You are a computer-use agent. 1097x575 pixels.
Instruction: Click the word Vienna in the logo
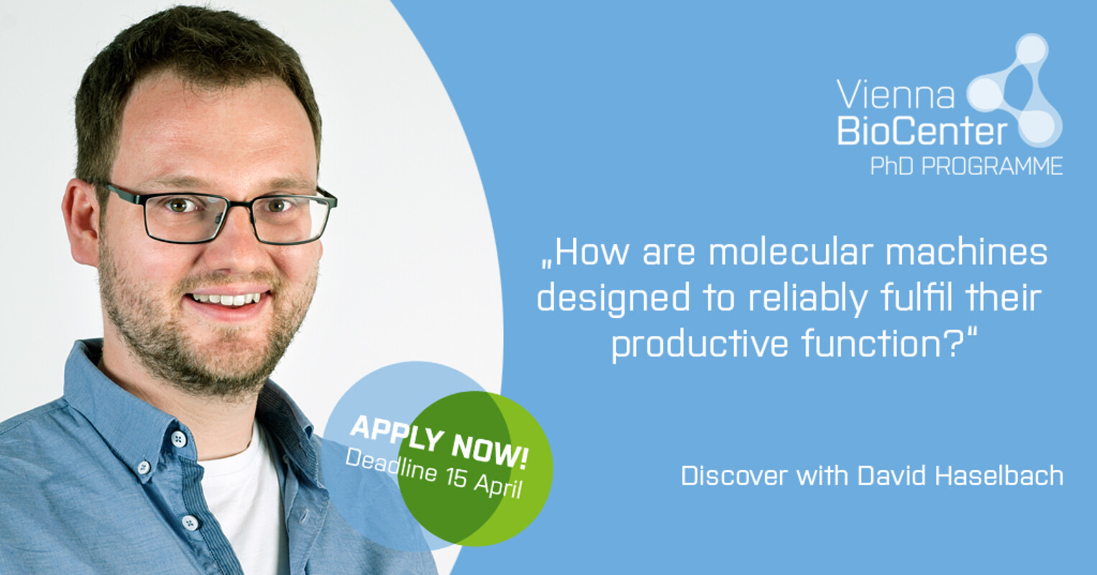tap(896, 94)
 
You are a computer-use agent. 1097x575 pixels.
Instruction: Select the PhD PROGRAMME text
tap(966, 166)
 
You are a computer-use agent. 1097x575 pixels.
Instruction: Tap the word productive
tap(700, 345)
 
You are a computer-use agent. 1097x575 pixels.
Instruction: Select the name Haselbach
tap(999, 475)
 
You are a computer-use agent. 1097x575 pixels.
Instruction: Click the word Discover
tap(734, 476)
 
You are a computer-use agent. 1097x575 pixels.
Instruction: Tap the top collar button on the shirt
tap(179, 439)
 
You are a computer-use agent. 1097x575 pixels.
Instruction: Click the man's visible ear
tap(81, 221)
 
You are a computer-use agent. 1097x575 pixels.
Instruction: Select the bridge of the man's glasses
tap(239, 204)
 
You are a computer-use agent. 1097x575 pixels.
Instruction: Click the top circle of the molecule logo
tap(1032, 50)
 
